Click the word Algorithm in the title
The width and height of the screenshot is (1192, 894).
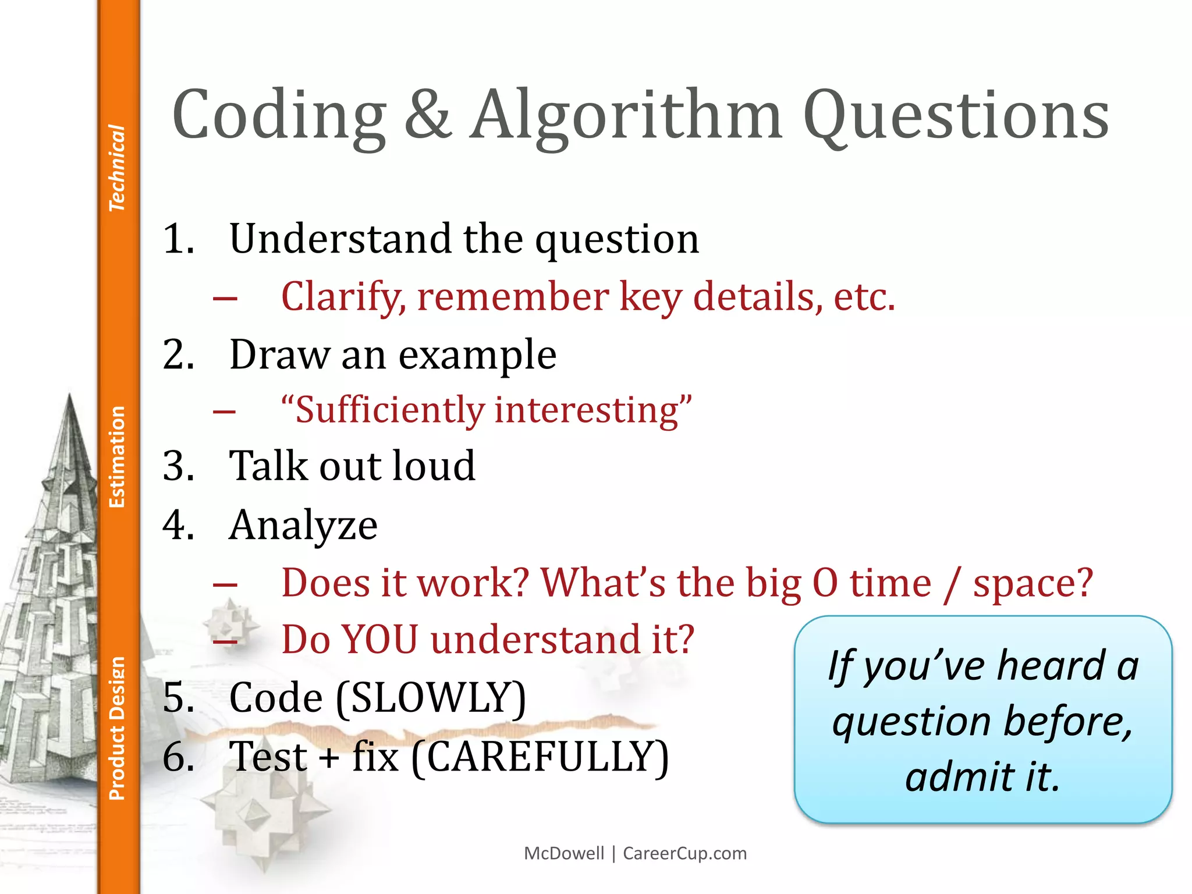[626, 116]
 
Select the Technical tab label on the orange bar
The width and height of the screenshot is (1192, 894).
[117, 168]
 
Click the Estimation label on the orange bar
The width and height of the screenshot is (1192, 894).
[117, 457]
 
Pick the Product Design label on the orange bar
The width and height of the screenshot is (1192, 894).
[117, 728]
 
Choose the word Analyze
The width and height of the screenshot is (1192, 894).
[303, 526]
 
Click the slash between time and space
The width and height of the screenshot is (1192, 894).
[952, 584]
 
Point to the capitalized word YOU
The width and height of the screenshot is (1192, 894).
[379, 640]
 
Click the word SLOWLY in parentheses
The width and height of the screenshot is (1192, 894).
[431, 698]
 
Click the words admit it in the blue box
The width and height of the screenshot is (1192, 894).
[982, 777]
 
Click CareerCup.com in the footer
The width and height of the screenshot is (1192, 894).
[684, 853]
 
